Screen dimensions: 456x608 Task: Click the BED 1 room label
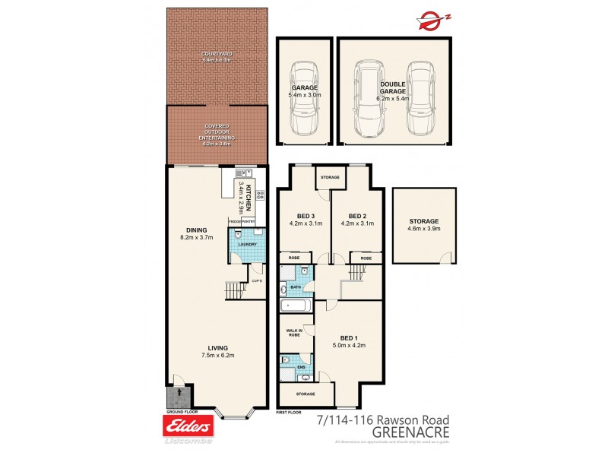click(x=348, y=337)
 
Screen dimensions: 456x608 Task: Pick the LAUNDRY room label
click(x=248, y=245)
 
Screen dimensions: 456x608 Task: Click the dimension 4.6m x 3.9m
click(x=423, y=228)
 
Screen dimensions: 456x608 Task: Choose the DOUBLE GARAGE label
click(x=393, y=87)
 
